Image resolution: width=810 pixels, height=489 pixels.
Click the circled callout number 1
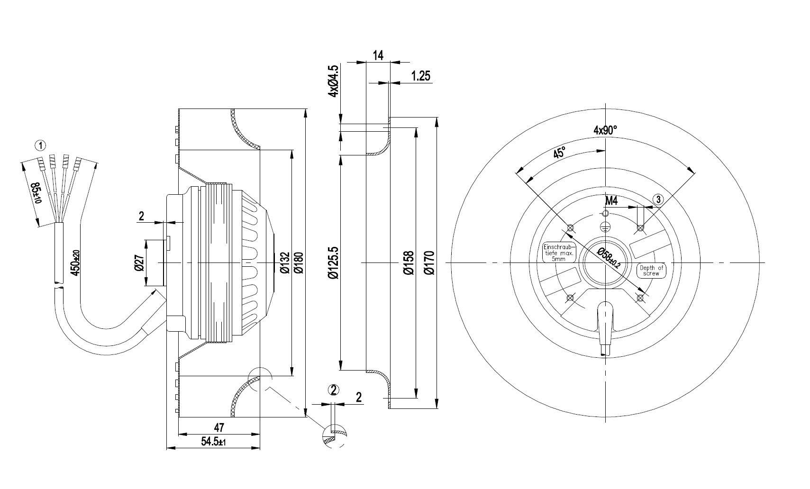[x=42, y=145]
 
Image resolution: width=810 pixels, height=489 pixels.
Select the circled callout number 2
[x=334, y=390]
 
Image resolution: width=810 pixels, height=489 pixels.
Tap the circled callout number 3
[x=658, y=199]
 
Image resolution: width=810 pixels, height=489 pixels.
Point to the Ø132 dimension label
[x=284, y=262]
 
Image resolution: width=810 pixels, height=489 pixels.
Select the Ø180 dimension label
[x=299, y=262]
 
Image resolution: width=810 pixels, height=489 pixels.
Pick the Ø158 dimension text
[x=409, y=262]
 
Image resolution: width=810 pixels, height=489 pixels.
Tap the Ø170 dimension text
[x=429, y=262]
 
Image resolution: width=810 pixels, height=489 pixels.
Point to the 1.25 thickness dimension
[x=421, y=76]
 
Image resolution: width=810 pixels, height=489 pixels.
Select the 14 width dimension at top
[x=378, y=55]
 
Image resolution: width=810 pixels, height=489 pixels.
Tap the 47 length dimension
[x=219, y=427]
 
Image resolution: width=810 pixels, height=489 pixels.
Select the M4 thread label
[x=612, y=201]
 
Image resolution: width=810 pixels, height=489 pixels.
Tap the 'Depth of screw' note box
[x=652, y=271]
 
